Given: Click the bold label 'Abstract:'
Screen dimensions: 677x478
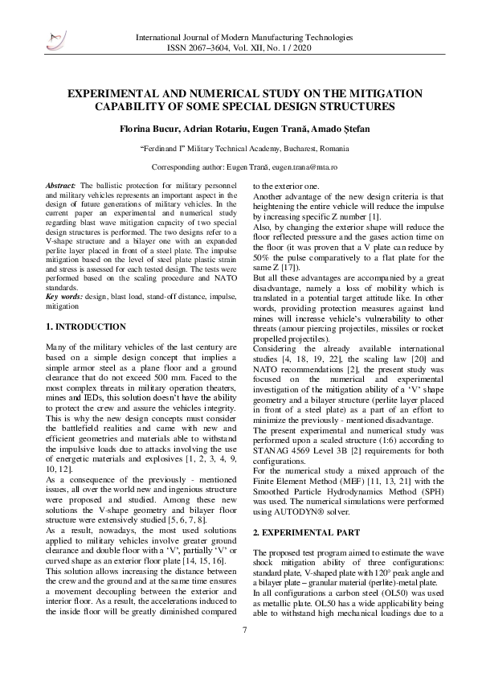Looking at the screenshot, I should [x=62, y=184].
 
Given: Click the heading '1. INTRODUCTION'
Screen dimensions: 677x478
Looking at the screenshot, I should [x=86, y=326].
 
